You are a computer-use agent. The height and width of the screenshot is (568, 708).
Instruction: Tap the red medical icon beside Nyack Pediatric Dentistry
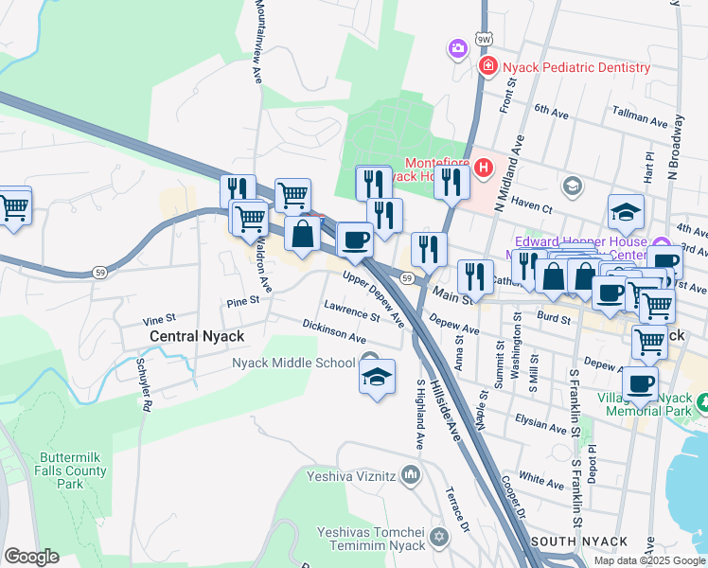point(488,66)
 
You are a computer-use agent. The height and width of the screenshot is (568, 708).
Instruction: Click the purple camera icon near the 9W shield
point(458,48)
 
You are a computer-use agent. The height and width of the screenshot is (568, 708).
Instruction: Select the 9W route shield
point(485,39)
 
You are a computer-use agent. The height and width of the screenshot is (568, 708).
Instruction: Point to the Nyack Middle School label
point(294,363)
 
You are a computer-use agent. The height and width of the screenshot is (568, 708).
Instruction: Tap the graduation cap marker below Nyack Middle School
point(377,380)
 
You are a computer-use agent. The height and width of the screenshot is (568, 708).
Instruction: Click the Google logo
point(31,557)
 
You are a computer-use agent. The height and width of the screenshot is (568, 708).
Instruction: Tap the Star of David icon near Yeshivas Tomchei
point(437,538)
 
